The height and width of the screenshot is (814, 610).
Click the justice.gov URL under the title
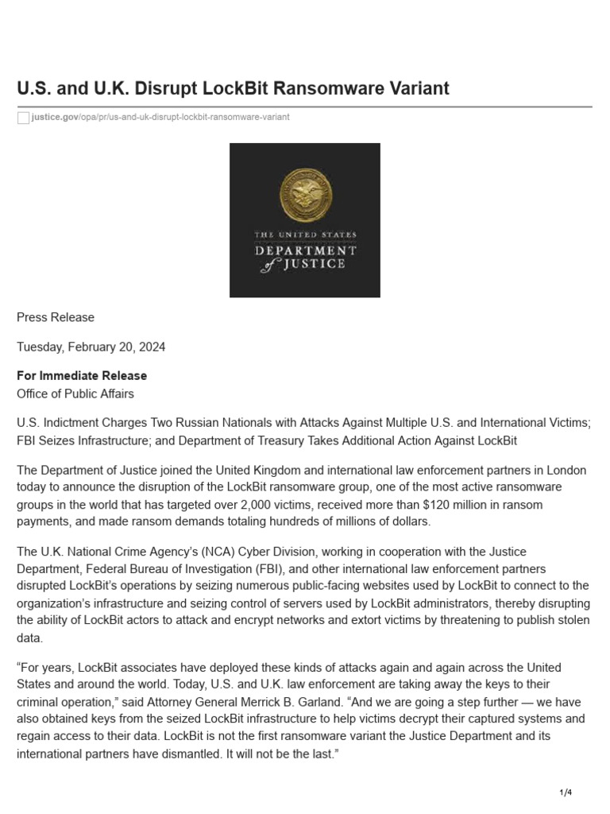160,117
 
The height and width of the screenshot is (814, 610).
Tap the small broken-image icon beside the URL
23,118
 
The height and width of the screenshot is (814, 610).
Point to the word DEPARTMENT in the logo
305,250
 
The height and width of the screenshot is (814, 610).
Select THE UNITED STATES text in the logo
305,235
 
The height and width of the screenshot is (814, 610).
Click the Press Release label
56,317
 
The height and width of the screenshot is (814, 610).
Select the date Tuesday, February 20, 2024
91,347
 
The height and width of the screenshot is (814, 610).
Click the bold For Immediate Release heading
82,375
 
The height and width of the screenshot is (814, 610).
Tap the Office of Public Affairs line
75,393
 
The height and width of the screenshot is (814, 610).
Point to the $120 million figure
450,505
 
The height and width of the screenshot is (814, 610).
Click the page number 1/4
566,793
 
